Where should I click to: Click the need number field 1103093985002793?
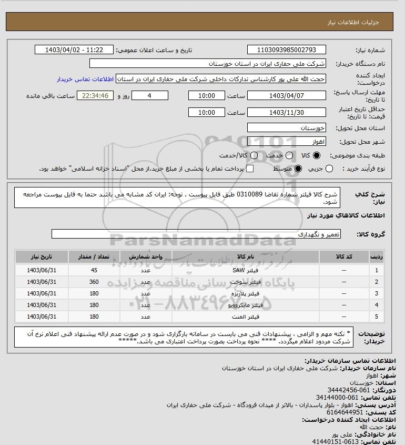pyautogui.click(x=286, y=50)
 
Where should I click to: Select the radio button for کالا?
pyautogui.click(x=317, y=156)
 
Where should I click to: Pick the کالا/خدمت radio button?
pyautogui.click(x=255, y=156)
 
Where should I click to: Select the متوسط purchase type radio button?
pyautogui.click(x=298, y=169)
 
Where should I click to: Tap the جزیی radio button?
pyautogui.click(x=330, y=169)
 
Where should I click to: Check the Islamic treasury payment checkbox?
pyautogui.click(x=250, y=169)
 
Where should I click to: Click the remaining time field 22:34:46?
pyautogui.click(x=95, y=95)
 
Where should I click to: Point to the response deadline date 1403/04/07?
pyautogui.click(x=286, y=95)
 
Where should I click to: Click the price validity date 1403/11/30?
pyautogui.click(x=286, y=112)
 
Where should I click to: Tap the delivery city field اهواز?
pyautogui.click(x=286, y=142)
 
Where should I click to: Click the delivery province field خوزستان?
pyautogui.click(x=286, y=127)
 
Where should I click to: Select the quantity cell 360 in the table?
pyautogui.click(x=95, y=282)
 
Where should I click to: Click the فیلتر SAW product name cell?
pyautogui.click(x=246, y=270)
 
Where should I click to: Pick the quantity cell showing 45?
pyautogui.click(x=95, y=270)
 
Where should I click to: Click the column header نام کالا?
pyautogui.click(x=246, y=256)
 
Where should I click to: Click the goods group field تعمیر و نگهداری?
pyautogui.click(x=196, y=233)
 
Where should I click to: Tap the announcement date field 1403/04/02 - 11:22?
pyautogui.click(x=74, y=50)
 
